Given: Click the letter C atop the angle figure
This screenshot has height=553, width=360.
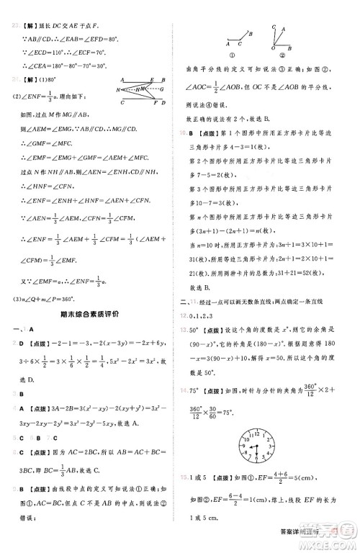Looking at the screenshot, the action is (273, 27).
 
